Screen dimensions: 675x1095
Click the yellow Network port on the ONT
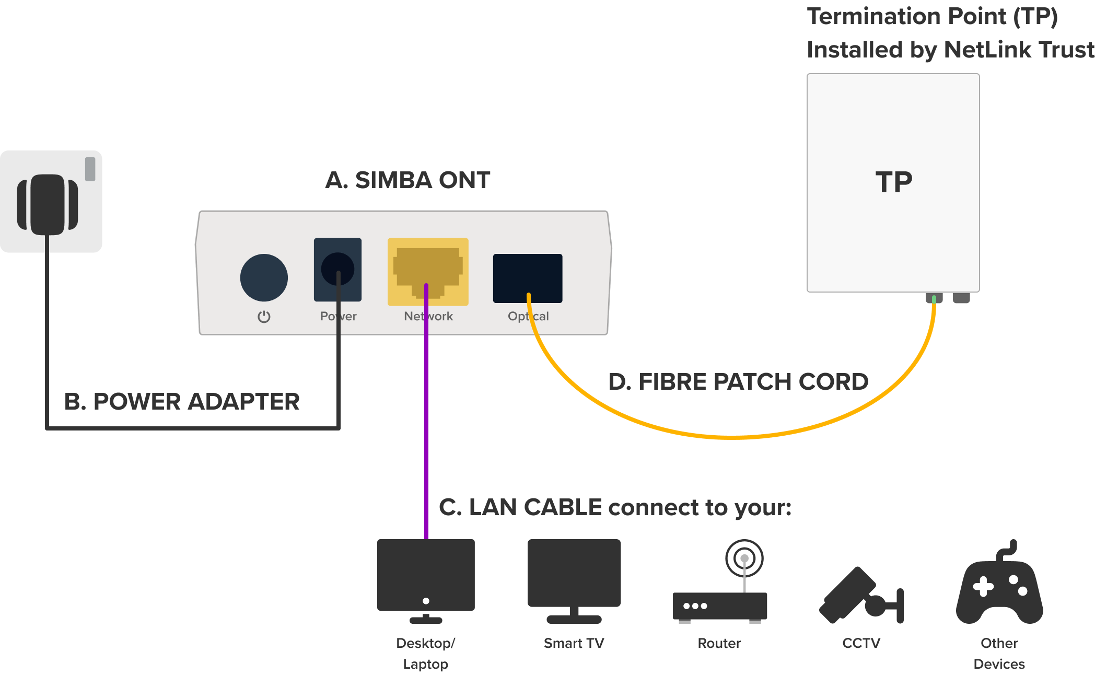click(428, 271)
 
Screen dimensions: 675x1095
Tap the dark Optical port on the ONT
click(528, 278)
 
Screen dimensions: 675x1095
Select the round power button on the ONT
click(264, 277)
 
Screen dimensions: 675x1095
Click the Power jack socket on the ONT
click(337, 269)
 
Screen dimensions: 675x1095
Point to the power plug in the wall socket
click(48, 204)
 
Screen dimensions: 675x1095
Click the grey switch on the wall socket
click(90, 169)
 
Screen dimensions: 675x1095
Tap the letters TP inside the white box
click(894, 182)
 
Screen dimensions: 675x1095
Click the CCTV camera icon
click(861, 596)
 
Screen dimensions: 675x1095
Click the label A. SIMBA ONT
click(407, 180)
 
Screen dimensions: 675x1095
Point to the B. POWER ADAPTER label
click(182, 402)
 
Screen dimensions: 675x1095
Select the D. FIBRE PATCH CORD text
click(738, 382)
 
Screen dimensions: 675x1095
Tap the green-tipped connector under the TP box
click(934, 298)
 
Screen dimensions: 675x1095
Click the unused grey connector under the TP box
click(961, 298)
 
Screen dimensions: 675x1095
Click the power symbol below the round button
click(264, 317)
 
